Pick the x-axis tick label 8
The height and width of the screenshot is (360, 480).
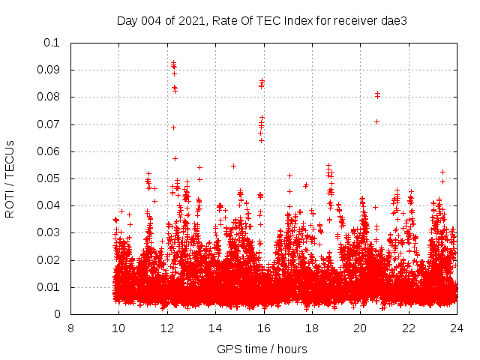[x=70, y=328]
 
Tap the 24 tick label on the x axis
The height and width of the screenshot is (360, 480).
[x=456, y=328]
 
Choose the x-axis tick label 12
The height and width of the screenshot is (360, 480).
[x=167, y=328]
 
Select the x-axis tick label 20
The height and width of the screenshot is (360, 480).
[x=360, y=328]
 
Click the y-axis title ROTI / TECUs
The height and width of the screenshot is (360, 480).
[x=10, y=178]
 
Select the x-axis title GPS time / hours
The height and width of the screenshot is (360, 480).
[x=262, y=349]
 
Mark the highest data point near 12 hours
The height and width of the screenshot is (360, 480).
[x=173, y=63]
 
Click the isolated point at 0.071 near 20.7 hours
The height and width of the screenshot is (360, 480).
[x=376, y=121]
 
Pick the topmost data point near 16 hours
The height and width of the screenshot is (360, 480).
[x=262, y=81]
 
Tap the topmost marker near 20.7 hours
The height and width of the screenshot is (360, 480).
[x=377, y=94]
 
